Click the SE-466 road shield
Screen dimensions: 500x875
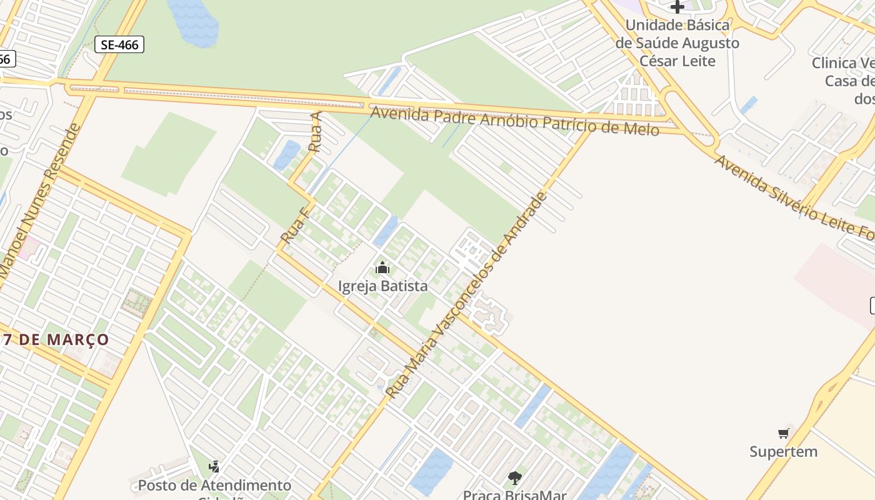click(119, 44)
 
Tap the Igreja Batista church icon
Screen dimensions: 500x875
click(382, 268)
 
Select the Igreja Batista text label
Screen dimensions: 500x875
click(382, 286)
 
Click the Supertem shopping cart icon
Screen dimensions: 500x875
click(783, 433)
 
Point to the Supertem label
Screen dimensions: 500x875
click(783, 451)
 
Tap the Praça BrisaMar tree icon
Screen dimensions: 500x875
click(514, 478)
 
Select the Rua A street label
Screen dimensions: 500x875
click(316, 132)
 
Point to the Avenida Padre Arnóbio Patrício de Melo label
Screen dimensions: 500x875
click(514, 121)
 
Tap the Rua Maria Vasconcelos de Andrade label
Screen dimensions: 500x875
click(466, 295)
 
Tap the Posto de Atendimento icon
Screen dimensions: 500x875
click(214, 466)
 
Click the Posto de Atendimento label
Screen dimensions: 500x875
click(214, 485)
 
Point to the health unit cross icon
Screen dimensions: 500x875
click(677, 7)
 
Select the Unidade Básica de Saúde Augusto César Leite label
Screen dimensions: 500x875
click(677, 43)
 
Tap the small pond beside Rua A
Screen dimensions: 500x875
click(287, 154)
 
